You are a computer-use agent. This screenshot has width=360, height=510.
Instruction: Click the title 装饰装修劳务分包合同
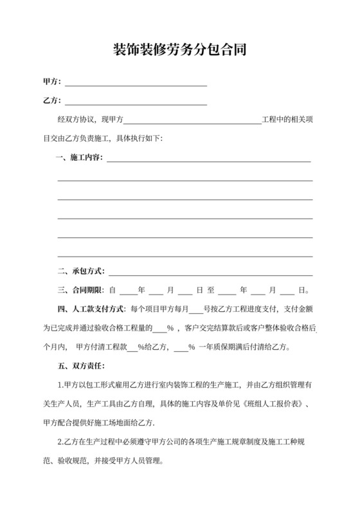[x=179, y=50]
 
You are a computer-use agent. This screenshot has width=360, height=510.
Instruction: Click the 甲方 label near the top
[x=51, y=82]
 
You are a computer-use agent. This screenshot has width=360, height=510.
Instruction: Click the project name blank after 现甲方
[x=193, y=121]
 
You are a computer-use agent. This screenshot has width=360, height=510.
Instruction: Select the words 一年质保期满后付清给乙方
[x=245, y=347]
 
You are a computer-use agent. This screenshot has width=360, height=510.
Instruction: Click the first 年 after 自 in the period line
[x=141, y=290]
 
